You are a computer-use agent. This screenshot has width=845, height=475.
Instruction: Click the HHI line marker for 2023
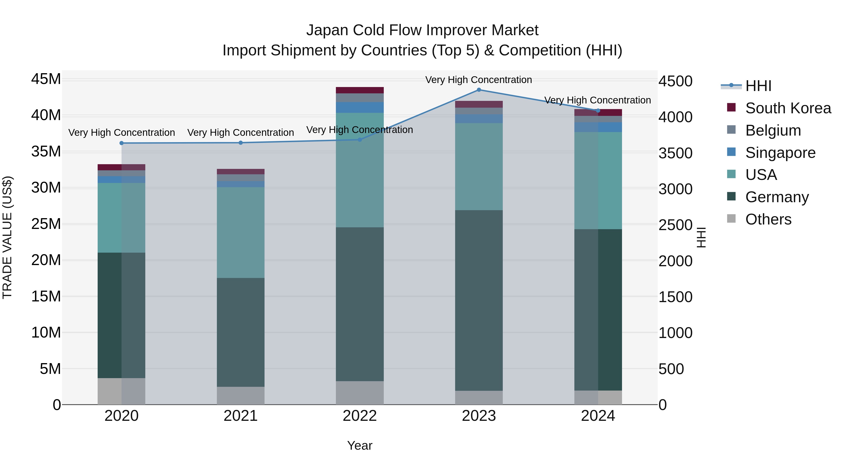pyautogui.click(x=479, y=90)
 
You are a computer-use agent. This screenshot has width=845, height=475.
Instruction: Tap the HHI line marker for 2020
pyautogui.click(x=121, y=143)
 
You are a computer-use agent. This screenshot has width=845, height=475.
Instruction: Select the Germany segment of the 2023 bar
pyautogui.click(x=479, y=300)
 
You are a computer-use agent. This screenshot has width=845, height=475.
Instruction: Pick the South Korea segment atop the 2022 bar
pyautogui.click(x=360, y=90)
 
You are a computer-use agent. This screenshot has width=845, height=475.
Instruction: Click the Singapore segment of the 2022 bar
pyautogui.click(x=360, y=107)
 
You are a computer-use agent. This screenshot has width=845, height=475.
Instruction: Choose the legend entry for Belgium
pyautogui.click(x=773, y=130)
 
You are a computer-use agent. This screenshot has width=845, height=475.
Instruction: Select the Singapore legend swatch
pyautogui.click(x=731, y=152)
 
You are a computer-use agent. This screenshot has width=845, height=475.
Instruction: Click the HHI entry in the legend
pyautogui.click(x=758, y=86)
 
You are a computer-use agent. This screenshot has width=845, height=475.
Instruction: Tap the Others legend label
pyautogui.click(x=768, y=219)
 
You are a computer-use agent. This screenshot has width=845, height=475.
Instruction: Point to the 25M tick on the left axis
pyautogui.click(x=46, y=224)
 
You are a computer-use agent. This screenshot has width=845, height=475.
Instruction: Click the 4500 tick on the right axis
pyautogui.click(x=675, y=81)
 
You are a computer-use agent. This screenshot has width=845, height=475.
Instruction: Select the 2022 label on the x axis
pyautogui.click(x=360, y=416)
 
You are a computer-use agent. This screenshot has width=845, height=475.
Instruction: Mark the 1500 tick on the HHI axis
pyautogui.click(x=675, y=297)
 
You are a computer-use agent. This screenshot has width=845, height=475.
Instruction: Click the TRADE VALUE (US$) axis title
pyautogui.click(x=7, y=237)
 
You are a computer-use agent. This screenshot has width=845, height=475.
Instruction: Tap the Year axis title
pyautogui.click(x=360, y=445)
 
